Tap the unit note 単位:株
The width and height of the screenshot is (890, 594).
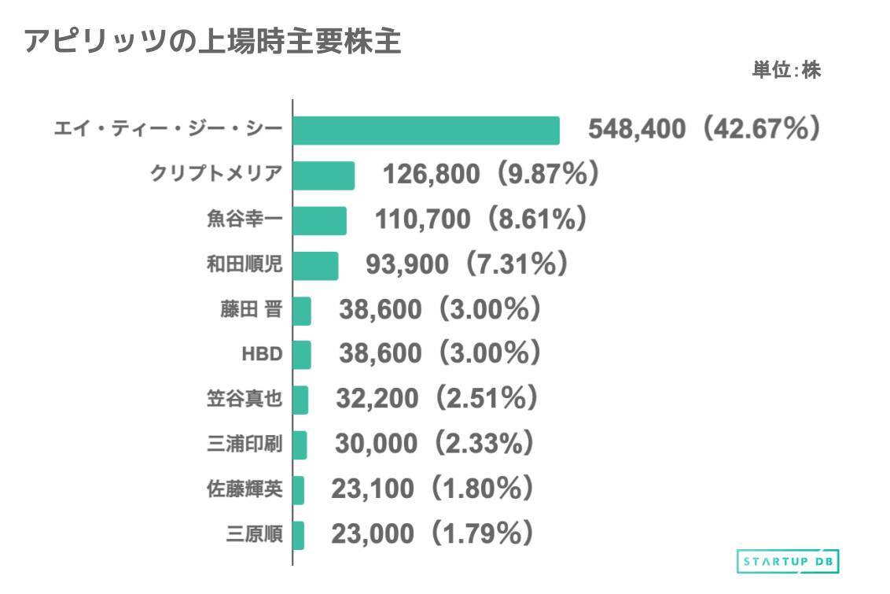click(x=785, y=71)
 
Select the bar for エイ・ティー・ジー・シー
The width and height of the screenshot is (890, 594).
click(x=425, y=131)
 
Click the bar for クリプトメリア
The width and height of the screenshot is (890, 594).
click(x=323, y=175)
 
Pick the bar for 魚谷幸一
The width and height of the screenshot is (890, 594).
click(x=319, y=221)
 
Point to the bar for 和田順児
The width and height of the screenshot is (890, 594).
click(x=315, y=266)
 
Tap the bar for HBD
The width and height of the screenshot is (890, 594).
click(x=302, y=355)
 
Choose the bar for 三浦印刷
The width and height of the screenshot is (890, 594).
click(x=300, y=445)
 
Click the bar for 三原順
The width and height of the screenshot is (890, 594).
click(x=298, y=536)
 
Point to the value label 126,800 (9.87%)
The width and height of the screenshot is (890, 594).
click(x=491, y=174)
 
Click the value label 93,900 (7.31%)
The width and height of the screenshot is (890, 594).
click(x=467, y=265)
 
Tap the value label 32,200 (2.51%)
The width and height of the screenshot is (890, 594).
click(x=437, y=400)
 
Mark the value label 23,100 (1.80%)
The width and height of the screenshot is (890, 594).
click(x=433, y=489)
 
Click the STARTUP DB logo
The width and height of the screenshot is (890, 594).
click(x=789, y=561)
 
